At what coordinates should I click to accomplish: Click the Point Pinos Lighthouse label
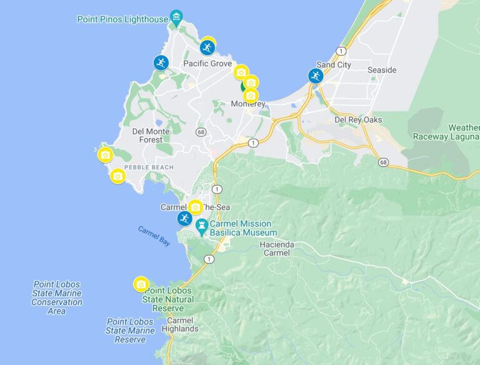click(122, 19)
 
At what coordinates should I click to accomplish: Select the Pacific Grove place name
click(207, 64)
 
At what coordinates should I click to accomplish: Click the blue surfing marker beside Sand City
click(316, 76)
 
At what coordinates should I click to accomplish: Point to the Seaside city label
click(382, 70)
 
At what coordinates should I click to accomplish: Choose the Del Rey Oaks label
click(358, 119)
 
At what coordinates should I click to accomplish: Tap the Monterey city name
click(248, 104)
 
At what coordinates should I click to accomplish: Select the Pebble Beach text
click(149, 167)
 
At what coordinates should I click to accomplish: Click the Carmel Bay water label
click(154, 236)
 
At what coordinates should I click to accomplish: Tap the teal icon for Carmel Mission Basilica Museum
click(202, 226)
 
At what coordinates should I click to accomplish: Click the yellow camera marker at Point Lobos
click(141, 284)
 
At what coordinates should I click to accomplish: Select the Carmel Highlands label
click(179, 324)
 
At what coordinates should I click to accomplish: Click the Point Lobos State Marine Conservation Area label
click(56, 297)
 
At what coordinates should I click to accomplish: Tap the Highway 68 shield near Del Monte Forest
click(201, 132)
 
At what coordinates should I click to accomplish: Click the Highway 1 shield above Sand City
click(341, 51)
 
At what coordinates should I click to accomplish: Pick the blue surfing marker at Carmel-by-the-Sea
click(184, 219)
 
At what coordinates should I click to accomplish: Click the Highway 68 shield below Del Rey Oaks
click(382, 162)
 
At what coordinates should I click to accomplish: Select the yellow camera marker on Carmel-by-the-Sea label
click(196, 207)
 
